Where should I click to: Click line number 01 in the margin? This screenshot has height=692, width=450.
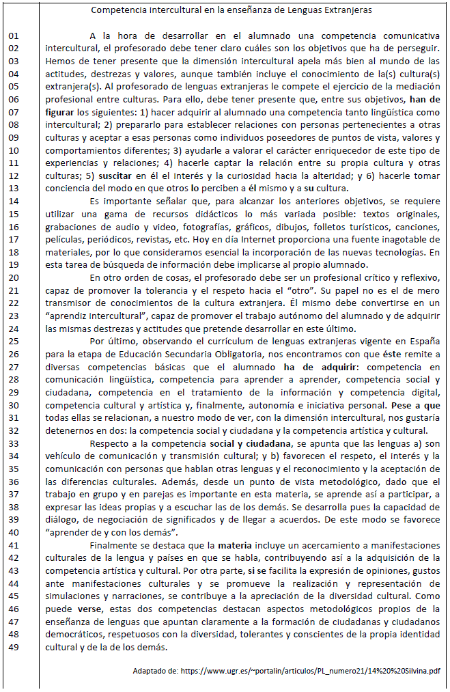tap(14, 35)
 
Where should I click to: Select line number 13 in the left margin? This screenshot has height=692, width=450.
tap(14, 189)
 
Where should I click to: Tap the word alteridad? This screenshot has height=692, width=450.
tap(300, 176)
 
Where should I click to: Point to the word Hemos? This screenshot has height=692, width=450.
tap(59, 61)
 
